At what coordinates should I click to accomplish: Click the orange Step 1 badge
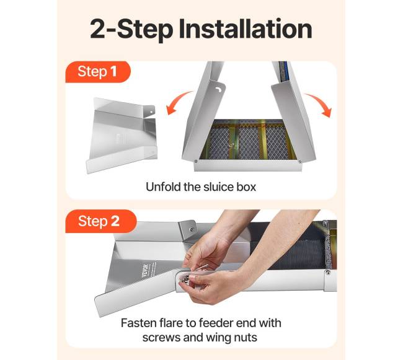98,72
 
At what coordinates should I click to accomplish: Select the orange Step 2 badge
100,221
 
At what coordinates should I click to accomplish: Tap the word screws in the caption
161,338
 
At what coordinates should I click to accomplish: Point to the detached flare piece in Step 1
121,135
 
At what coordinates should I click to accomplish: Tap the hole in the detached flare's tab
151,112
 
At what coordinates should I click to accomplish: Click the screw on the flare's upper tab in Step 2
192,229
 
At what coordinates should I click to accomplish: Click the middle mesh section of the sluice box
249,143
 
